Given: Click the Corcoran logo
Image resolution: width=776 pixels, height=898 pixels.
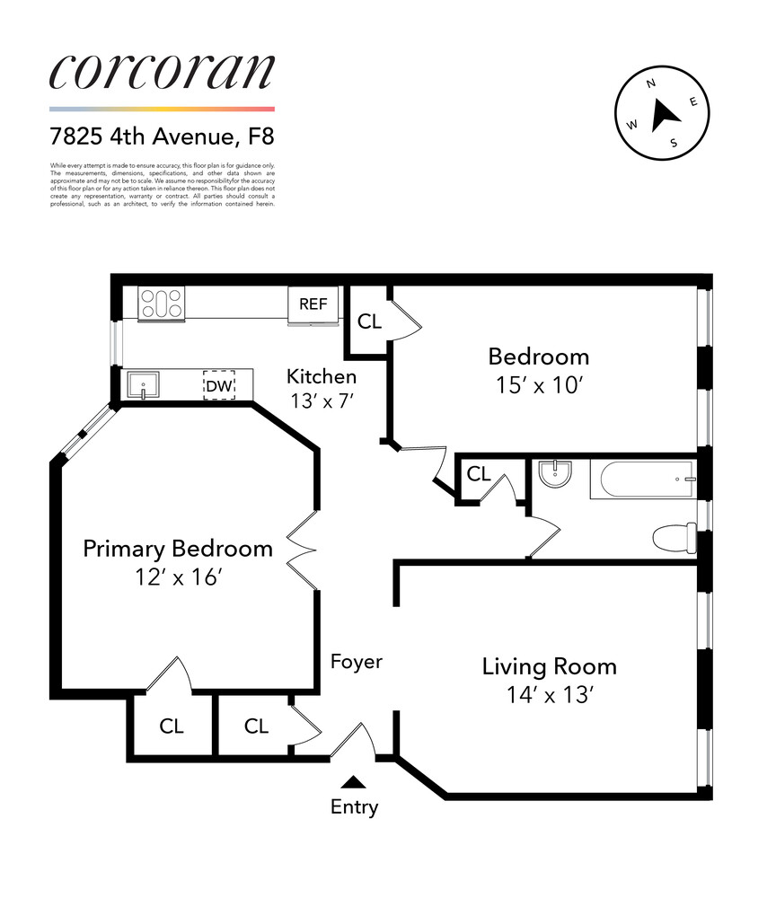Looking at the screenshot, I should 162,72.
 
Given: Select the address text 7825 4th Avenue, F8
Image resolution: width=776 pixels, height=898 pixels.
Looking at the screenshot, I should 162,137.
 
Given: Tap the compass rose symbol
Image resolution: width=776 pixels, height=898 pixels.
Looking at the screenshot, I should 661,112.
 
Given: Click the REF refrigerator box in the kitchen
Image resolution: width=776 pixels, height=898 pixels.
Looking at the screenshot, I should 313,304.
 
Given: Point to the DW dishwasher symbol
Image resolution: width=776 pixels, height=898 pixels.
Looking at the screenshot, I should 219,385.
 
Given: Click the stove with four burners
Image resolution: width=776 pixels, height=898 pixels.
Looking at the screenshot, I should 161,303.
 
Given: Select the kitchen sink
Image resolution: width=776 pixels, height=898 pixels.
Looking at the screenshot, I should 144,387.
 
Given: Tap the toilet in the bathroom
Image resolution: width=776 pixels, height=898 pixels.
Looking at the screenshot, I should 673,537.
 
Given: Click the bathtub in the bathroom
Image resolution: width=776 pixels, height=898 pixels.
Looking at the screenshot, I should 642,480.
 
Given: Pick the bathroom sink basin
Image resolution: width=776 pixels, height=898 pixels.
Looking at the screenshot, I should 558,472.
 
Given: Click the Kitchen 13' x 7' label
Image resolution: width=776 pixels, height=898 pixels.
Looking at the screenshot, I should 321,387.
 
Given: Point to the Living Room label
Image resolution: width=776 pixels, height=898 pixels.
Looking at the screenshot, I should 549,666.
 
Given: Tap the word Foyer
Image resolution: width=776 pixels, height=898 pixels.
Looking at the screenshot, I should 357,662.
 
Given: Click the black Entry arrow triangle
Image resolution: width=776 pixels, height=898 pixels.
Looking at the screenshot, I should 355,782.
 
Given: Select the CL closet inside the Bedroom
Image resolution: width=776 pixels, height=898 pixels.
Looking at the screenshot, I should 369,321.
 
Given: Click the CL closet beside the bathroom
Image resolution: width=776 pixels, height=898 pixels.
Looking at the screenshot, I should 479,473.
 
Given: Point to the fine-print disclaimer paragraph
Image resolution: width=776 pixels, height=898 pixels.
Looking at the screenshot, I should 162,184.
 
